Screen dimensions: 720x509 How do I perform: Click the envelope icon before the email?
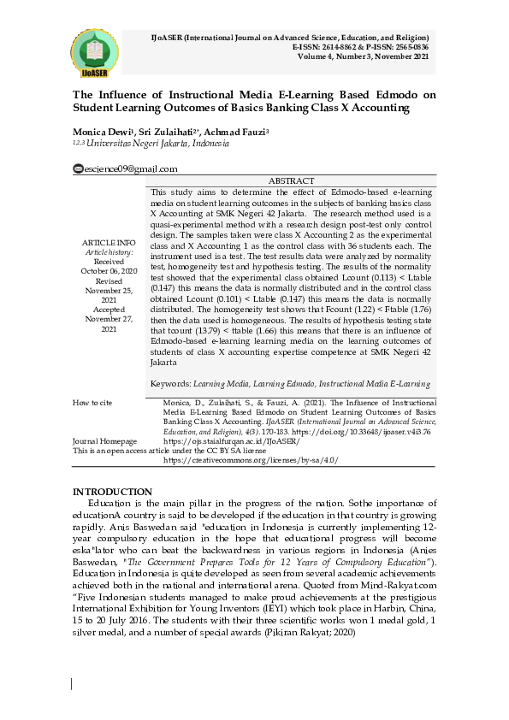tap(77, 169)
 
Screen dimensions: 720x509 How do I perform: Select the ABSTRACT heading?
tap(292, 181)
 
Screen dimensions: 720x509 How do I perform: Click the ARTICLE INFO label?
tap(108, 243)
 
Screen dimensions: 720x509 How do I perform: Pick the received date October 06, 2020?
tap(108, 270)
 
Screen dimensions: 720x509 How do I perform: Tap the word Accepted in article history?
tap(108, 309)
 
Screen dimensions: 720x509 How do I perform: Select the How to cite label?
tap(92, 402)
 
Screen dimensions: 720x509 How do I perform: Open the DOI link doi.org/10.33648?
tap(358, 432)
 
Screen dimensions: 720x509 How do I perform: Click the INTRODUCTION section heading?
tap(112, 492)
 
